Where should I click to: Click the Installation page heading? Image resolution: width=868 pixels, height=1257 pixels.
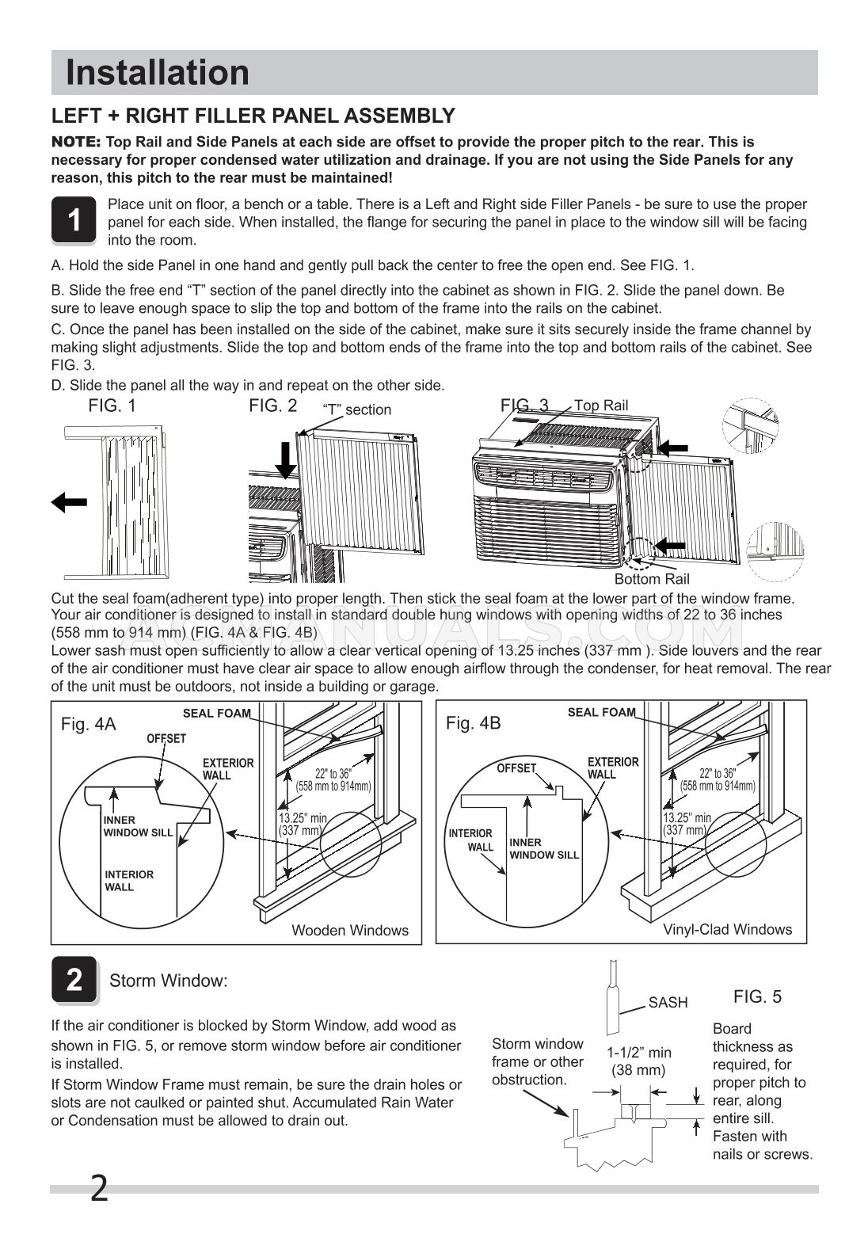point(157,73)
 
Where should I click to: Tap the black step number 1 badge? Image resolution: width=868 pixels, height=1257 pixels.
point(74,220)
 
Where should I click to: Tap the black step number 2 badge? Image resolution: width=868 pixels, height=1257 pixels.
point(74,980)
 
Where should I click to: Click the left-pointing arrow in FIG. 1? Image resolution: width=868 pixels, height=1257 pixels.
point(69,502)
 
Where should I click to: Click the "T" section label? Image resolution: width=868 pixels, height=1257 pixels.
point(356,409)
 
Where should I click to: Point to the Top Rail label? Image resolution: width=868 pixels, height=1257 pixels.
point(600,406)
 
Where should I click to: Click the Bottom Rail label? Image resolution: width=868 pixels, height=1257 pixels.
point(651,579)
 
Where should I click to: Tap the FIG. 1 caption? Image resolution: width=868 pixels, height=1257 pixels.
point(112,406)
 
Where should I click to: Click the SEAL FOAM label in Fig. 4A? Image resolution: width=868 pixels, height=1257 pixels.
point(216,713)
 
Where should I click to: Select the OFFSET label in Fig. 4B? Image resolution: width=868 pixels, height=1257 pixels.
point(516,768)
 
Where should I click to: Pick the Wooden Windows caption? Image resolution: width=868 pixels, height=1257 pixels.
point(349,931)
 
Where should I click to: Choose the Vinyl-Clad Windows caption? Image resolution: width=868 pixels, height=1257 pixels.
point(726,930)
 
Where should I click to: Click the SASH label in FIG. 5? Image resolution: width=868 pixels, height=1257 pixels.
point(668,1003)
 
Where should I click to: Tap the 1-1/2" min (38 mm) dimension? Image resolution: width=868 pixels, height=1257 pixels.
point(638,1061)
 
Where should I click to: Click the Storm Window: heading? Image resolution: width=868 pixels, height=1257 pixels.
point(168,981)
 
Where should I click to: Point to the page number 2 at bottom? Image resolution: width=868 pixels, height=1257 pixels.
point(99,1189)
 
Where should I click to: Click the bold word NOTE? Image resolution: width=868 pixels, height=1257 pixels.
point(76,142)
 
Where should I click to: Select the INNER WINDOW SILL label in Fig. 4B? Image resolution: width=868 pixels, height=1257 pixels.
point(543,848)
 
